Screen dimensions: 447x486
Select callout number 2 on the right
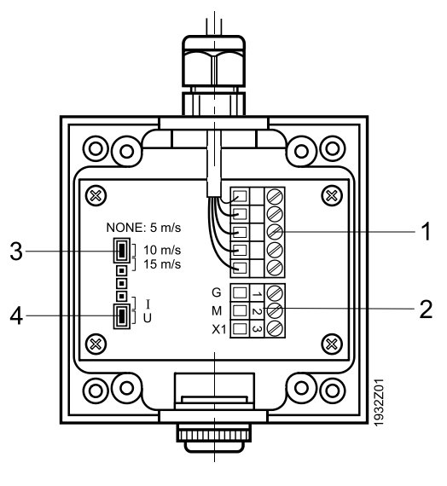[426, 309]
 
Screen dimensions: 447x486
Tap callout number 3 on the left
[16, 251]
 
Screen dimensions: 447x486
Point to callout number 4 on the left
[16, 316]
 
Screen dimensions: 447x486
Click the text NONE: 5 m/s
[143, 228]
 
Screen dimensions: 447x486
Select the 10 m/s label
[162, 250]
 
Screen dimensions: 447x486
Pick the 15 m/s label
[162, 264]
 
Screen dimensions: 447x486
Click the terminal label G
[216, 292]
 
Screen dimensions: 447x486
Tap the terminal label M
[217, 310]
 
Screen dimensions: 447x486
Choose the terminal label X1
[219, 330]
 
